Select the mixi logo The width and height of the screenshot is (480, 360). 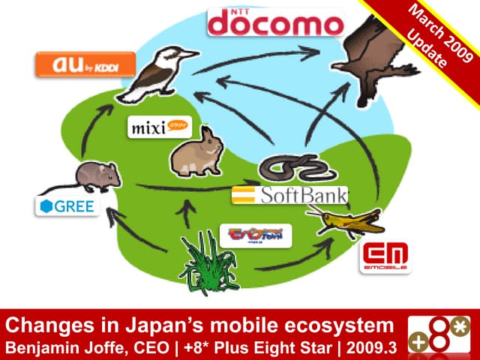160,124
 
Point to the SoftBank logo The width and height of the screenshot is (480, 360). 289,196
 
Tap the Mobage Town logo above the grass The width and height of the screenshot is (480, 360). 255,236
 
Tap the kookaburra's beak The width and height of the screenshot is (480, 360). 188,54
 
